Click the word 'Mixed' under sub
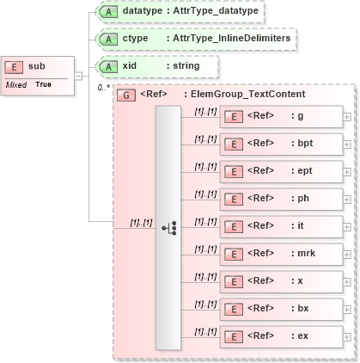click(x=16, y=84)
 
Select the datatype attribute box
click(x=180, y=11)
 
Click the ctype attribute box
click(x=196, y=39)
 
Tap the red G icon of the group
click(x=125, y=94)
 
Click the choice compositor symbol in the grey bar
click(x=168, y=227)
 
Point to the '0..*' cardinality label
click(x=103, y=87)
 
